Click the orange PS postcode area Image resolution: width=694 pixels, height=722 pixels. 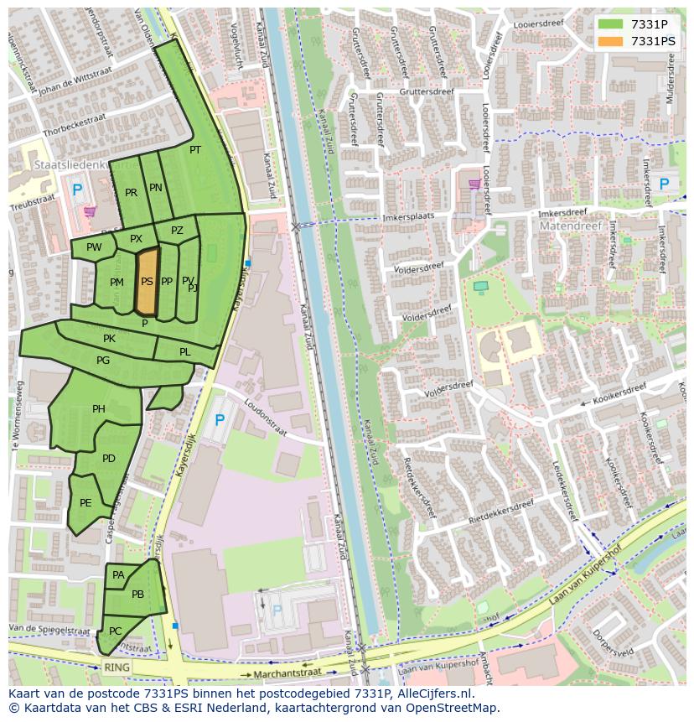(147, 281)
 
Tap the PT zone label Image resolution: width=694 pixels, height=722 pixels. (195, 150)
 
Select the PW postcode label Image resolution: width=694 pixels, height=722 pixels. (94, 247)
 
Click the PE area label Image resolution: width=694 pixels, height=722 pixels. (85, 503)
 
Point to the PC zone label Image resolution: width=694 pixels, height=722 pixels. (116, 631)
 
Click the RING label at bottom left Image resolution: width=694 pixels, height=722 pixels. (118, 667)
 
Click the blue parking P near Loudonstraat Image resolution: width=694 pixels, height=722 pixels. (220, 419)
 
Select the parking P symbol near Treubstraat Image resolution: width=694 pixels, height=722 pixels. (77, 190)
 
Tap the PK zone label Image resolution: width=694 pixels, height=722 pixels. (109, 339)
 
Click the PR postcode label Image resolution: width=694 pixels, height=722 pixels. (131, 193)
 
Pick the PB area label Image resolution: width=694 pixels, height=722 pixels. (137, 595)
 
